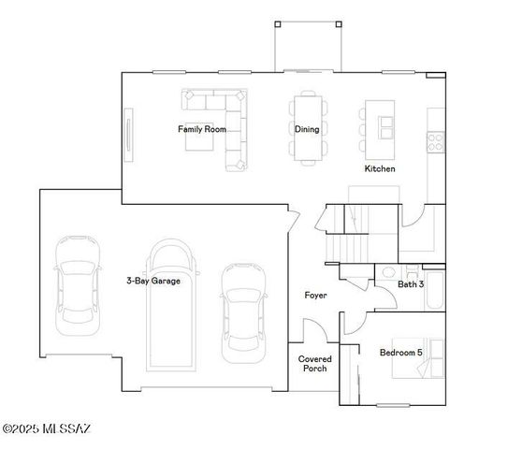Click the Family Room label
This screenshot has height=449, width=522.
click(202, 129)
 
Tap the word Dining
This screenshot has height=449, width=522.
click(307, 129)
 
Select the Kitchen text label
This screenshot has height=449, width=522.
click(379, 169)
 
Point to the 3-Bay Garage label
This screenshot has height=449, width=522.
click(153, 280)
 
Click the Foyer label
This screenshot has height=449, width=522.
click(315, 296)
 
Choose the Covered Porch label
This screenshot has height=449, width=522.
click(315, 364)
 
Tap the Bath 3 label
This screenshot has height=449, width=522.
click(411, 283)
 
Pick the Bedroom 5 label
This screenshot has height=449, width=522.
click(400, 353)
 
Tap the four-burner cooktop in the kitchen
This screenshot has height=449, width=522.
click(435, 141)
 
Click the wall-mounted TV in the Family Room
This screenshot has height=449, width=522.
click(128, 132)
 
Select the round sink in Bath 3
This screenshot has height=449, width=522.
click(388, 272)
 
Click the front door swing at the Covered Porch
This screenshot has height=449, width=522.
click(313, 331)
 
